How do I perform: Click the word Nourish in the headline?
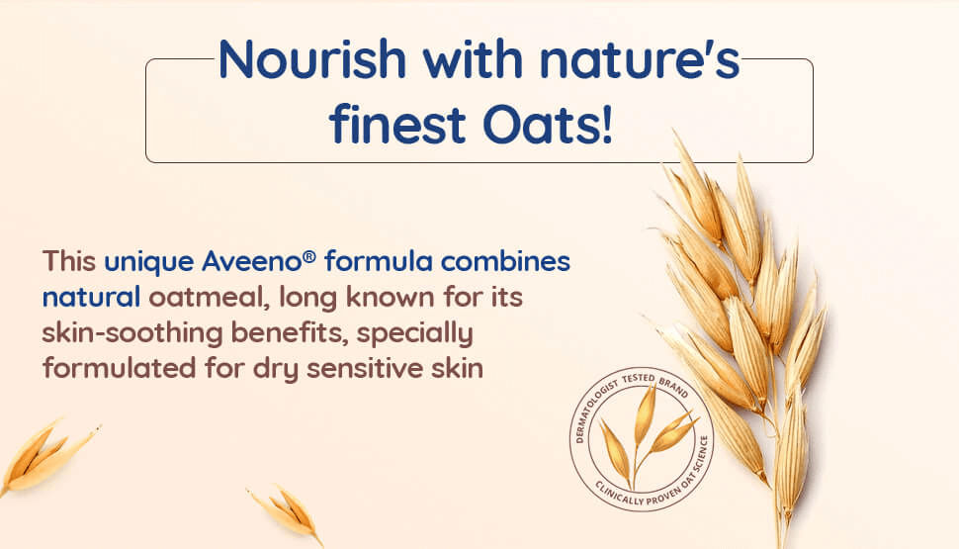[311, 60]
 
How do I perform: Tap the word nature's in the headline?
[640, 60]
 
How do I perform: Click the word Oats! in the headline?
[548, 125]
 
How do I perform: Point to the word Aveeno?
[252, 261]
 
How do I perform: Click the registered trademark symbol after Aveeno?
[309, 256]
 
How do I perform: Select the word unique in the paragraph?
[148, 262]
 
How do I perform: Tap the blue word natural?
[91, 298]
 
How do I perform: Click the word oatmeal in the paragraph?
[210, 298]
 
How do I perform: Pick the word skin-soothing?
[132, 333]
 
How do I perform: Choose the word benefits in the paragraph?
[290, 333]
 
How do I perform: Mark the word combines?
[505, 261]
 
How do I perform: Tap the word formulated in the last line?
[120, 368]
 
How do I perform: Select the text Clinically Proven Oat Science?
[659, 484]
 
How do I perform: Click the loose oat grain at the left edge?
[47, 455]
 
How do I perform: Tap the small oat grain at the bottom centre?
[287, 512]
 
